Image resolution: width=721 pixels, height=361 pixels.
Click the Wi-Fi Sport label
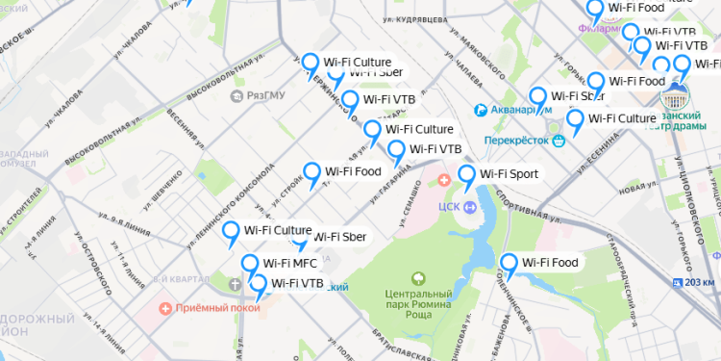509,174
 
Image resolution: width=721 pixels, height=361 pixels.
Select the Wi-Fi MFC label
289,263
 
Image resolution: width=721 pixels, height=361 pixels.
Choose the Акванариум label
522,110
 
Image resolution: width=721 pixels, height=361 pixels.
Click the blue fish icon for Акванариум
484,110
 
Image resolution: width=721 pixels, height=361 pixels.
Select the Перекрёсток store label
517,140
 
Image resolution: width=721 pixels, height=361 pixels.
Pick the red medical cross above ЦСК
444,180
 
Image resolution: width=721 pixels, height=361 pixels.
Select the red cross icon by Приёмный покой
166,309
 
